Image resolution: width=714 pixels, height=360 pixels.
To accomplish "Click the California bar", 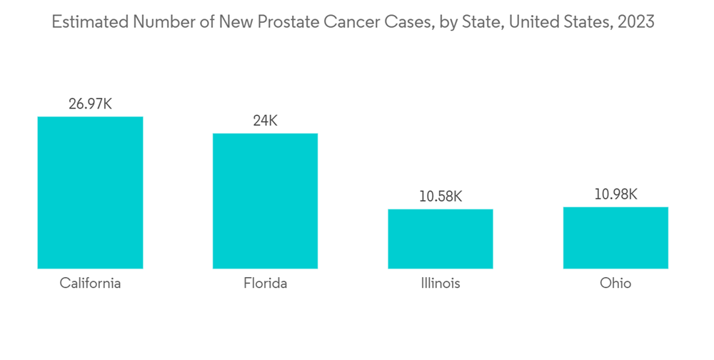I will pos(90,193).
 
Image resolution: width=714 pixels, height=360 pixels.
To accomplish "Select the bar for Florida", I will pos(265,201).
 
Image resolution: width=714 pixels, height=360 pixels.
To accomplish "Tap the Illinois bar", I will pos(441,239).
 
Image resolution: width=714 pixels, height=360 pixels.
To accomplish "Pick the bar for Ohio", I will pos(615,238).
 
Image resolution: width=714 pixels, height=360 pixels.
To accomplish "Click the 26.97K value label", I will pos(90,104).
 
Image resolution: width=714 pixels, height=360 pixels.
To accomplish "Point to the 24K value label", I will pos(265,121).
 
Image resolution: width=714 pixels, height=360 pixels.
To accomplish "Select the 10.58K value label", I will pos(441,196).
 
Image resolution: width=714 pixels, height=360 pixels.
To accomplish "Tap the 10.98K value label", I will pos(615,194).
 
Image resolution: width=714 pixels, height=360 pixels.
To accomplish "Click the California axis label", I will pos(90,284).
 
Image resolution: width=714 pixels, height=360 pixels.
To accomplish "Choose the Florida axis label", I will pos(265,284).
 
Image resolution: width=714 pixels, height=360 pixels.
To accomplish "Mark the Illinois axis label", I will pos(441,284).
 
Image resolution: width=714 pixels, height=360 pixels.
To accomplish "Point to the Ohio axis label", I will pos(615,284).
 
